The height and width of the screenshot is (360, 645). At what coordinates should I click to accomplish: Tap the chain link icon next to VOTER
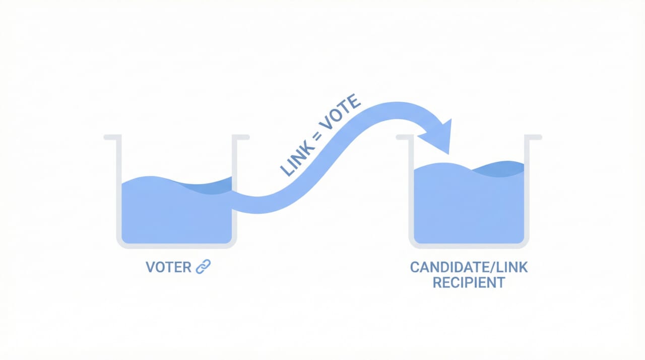tap(203, 267)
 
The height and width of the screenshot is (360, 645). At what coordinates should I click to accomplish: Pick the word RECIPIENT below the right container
tap(469, 282)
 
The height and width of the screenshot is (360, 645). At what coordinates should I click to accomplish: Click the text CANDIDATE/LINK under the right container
tap(469, 267)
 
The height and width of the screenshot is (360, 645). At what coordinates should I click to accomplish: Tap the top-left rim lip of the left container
tap(112, 137)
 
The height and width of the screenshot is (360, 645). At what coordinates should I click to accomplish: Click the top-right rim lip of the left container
tap(241, 137)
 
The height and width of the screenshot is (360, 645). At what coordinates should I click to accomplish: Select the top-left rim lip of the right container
tap(405, 137)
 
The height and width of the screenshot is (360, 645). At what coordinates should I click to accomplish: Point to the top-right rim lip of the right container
tap(533, 137)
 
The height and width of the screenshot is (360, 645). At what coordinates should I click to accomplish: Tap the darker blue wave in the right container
tap(499, 169)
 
